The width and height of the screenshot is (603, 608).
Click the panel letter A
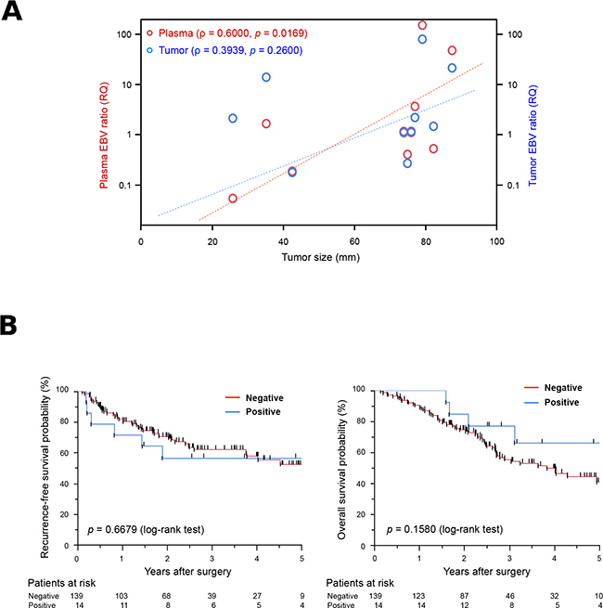point(13,12)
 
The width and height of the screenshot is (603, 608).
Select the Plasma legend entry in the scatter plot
point(233,32)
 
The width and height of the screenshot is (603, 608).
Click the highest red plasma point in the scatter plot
point(422,25)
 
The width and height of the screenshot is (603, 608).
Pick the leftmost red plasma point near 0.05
point(232,198)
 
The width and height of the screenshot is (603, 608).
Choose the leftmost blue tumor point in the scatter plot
point(233,119)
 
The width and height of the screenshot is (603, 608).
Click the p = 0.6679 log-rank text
point(147,530)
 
